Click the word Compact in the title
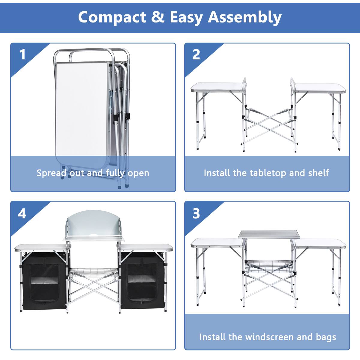coord(112,17)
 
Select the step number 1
coord(22,55)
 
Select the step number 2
coord(196,55)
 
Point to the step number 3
coord(196,214)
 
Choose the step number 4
coord(22,214)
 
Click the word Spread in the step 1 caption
coord(51,173)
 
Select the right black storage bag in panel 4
coord(142,282)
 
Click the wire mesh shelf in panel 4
coord(94,274)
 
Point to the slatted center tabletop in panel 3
coord(269,234)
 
